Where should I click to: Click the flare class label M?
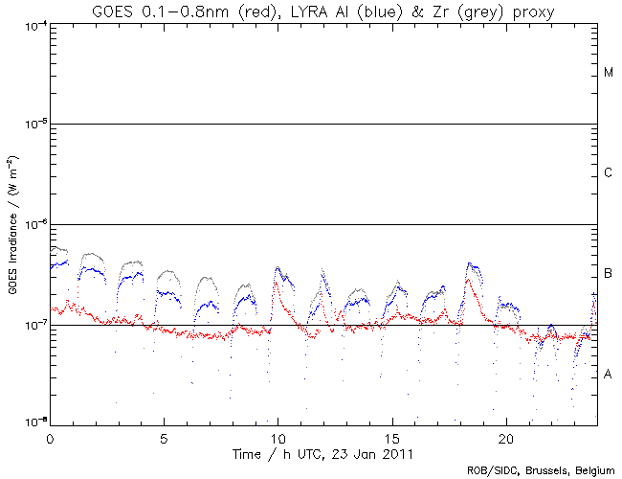tap(609, 73)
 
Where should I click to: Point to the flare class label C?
tap(609, 173)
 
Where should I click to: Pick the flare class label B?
tap(609, 274)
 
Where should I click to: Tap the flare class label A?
tap(609, 374)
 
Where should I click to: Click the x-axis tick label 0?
tap(50, 436)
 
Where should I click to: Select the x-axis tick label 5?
tap(164, 436)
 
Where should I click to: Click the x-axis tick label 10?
tap(278, 436)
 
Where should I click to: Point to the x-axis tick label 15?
tap(391, 436)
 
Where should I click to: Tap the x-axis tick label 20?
tap(505, 436)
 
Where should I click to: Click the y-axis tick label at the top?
tap(34, 24)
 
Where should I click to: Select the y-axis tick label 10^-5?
tap(34, 125)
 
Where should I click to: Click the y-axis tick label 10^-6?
tap(34, 224)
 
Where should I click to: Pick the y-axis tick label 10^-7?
tap(34, 325)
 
